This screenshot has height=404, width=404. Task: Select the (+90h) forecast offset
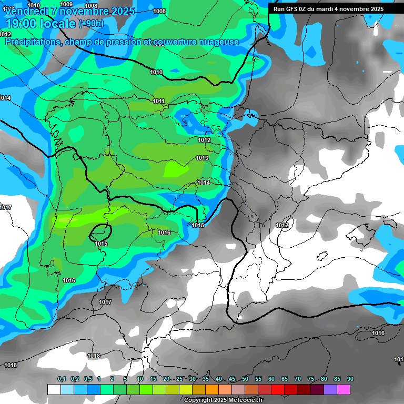pyautogui.click(x=92, y=23)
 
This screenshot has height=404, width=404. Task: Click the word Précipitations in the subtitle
pyautogui.click(x=33, y=42)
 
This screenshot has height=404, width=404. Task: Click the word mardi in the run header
pyautogui.click(x=331, y=9)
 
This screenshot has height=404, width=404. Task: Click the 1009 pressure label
pyautogui.click(x=66, y=4)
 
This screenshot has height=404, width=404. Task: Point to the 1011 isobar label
pyautogui.click(x=158, y=102)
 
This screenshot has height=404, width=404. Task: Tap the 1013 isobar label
pyautogui.click(x=202, y=158)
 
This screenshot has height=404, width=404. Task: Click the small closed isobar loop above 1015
pyautogui.click(x=100, y=231)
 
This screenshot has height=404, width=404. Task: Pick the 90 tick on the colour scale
pyautogui.click(x=350, y=379)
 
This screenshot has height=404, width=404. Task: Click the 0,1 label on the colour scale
pyautogui.click(x=62, y=379)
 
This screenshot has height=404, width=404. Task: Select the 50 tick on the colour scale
pyautogui.click(x=245, y=379)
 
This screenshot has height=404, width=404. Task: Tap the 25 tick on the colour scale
pyautogui.click(x=179, y=379)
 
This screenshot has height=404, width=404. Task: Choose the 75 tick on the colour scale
pyautogui.click(x=311, y=379)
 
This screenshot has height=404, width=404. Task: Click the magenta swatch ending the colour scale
pyautogui.click(x=344, y=389)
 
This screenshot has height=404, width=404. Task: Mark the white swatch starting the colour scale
pyautogui.click(x=54, y=389)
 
